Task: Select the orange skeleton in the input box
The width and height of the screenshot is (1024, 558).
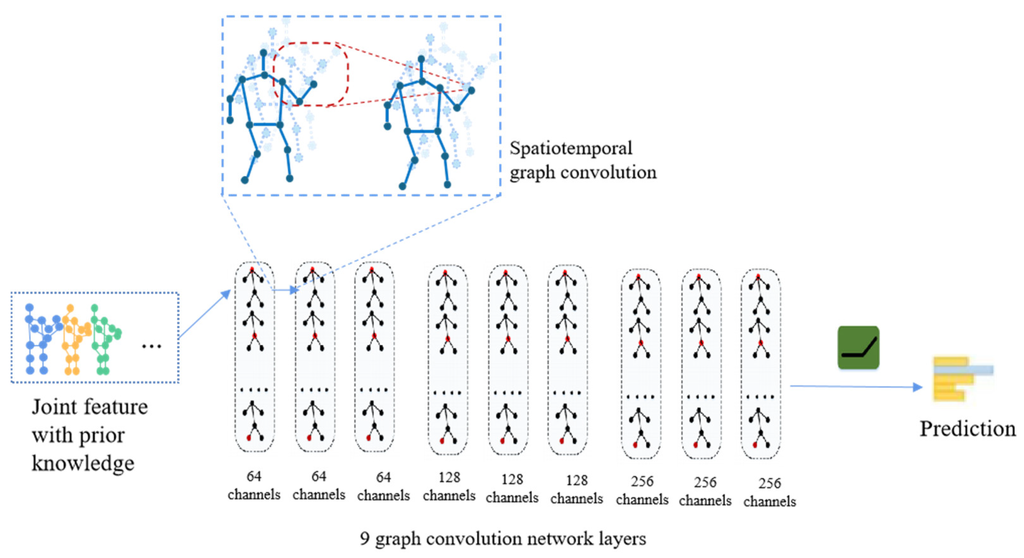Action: (75, 340)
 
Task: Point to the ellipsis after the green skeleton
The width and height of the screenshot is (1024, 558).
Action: (152, 346)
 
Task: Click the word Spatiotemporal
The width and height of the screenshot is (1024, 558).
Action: (570, 148)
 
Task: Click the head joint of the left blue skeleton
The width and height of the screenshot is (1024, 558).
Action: (263, 53)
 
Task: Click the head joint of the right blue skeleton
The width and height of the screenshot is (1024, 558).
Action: (421, 59)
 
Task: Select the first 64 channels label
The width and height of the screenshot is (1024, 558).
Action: (254, 485)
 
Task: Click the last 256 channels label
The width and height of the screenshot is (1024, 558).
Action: (769, 492)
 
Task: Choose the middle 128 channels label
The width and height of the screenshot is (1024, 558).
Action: (512, 488)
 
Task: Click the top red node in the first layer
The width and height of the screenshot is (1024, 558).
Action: (251, 270)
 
